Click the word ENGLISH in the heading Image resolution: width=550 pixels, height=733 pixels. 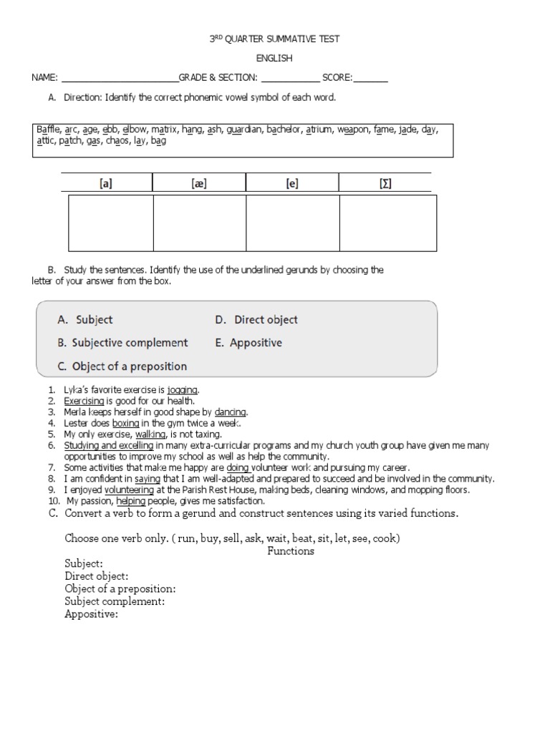[x=274, y=58]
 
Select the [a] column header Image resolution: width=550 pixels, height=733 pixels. [x=106, y=183]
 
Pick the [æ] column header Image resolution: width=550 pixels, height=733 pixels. [x=199, y=183]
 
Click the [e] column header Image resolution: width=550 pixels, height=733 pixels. [x=291, y=183]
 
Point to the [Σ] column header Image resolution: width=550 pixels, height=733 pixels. [x=385, y=183]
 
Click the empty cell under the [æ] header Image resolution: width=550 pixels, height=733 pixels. [x=199, y=223]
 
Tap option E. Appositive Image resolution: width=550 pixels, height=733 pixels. [x=248, y=343]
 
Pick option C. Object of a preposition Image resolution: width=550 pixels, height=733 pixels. [x=122, y=366]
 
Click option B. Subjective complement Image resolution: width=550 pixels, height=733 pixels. [x=122, y=343]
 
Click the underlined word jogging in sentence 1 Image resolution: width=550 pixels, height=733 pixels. [x=183, y=390]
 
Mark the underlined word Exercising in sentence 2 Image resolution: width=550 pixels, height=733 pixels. [x=84, y=401]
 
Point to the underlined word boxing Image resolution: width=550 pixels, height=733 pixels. [x=125, y=423]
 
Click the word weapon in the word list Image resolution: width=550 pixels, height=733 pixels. [x=353, y=130]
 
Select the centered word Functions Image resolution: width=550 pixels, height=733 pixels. [x=291, y=551]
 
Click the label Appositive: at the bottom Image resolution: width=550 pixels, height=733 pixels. [x=91, y=613]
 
